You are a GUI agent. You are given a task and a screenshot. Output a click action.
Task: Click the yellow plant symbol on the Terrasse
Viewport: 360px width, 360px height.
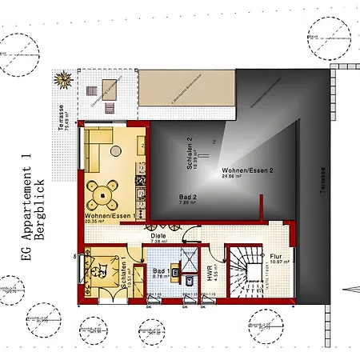(62, 79)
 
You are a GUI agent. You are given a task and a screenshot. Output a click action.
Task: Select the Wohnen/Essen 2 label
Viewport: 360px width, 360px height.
(248, 170)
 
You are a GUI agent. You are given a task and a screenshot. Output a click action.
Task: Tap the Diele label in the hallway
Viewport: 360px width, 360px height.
(158, 235)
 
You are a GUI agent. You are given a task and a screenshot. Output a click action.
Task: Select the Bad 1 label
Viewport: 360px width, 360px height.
(160, 272)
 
